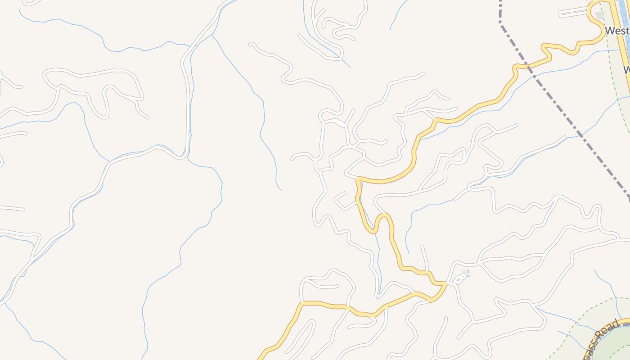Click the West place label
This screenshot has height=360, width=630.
[x=617, y=31]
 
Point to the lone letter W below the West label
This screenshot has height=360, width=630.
[x=626, y=70]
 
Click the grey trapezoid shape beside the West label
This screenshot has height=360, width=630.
[x=600, y=16]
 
